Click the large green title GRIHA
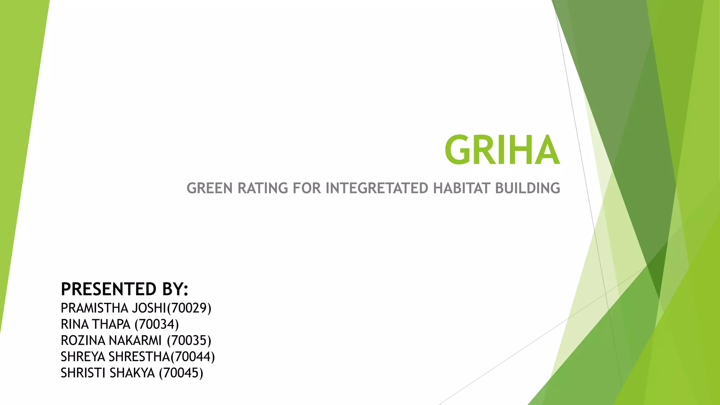click(x=502, y=150)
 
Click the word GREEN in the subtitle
click(x=210, y=188)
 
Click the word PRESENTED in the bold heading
click(x=109, y=289)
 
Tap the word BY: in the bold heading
click(x=175, y=289)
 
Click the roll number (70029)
click(x=189, y=308)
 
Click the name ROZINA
click(x=83, y=341)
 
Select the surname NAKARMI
click(x=135, y=341)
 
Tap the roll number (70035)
click(x=189, y=341)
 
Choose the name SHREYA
click(x=83, y=357)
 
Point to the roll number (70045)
click(x=181, y=373)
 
